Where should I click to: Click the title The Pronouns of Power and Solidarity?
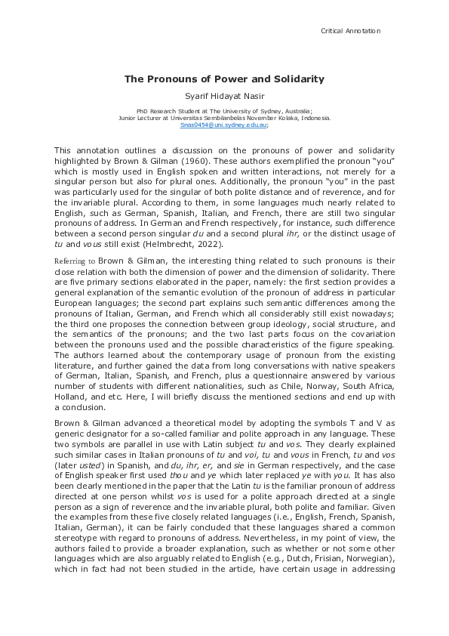coord(224,79)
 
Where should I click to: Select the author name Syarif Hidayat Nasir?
coord(224,95)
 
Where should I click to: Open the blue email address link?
coord(224,125)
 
